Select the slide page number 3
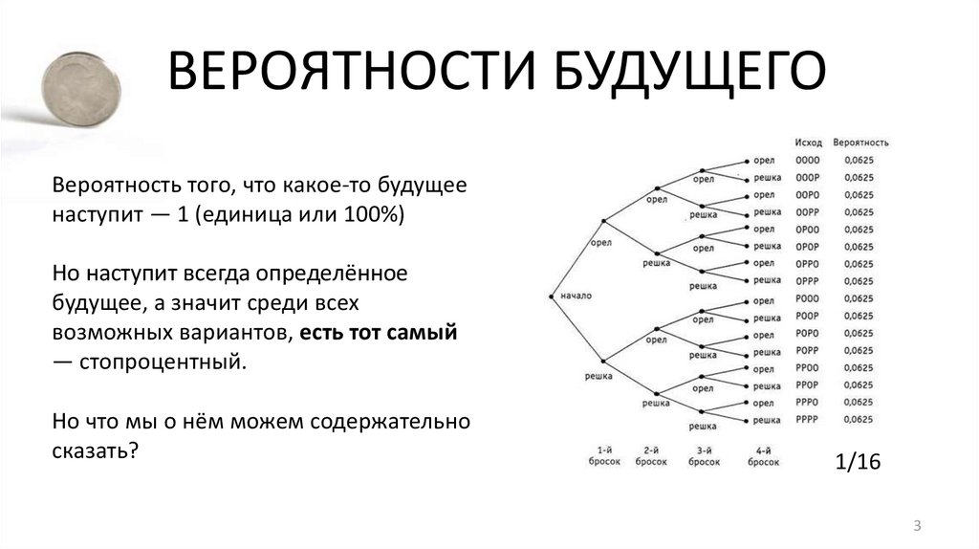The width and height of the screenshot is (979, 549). (917, 525)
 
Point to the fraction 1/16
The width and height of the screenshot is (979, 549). (857, 462)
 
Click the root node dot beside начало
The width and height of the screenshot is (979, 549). (552, 296)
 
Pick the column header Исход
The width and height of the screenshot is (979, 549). (808, 143)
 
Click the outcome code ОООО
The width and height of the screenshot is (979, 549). (808, 160)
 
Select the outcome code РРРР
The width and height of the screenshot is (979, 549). (808, 419)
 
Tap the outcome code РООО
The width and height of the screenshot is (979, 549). (808, 298)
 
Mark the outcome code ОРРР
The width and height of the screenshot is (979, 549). (808, 281)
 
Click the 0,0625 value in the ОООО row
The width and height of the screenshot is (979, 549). (859, 160)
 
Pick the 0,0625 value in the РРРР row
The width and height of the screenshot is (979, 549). (859, 419)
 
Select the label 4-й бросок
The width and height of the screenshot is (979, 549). (763, 455)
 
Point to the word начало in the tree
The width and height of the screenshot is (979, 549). (577, 296)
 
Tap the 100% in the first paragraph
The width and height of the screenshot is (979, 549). (375, 214)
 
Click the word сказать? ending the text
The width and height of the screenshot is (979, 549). (97, 450)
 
